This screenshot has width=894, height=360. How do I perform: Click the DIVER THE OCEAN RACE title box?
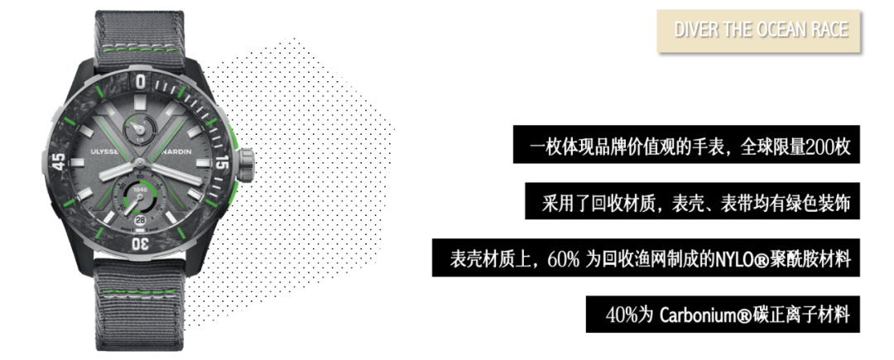pos(760,31)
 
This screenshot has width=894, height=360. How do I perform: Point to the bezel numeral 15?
pos(221,163)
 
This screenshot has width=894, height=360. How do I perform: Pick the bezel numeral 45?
pos(60,161)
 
